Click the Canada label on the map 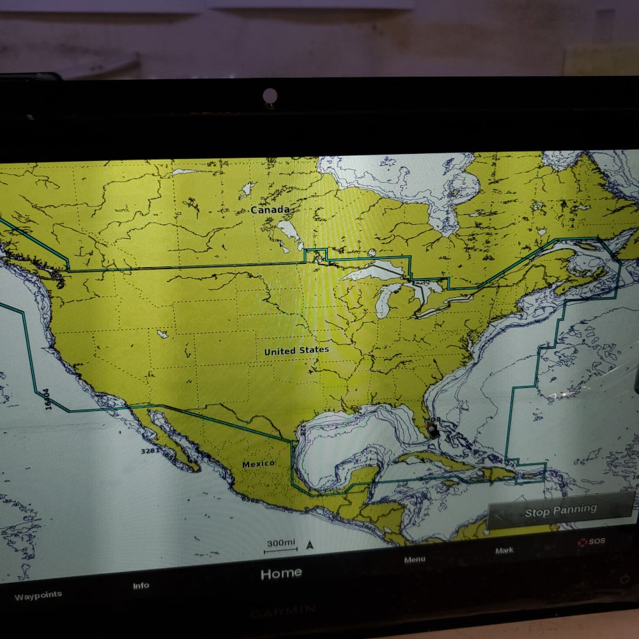tap(270, 210)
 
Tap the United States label tap(296, 351)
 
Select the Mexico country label tap(258, 463)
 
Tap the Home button tap(281, 574)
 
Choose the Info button tap(141, 585)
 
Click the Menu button tap(414, 560)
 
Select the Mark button tap(504, 550)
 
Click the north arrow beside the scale tap(310, 545)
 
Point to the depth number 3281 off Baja tap(150, 451)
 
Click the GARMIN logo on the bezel tap(283, 612)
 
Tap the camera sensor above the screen tap(270, 96)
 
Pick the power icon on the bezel tap(624, 579)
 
